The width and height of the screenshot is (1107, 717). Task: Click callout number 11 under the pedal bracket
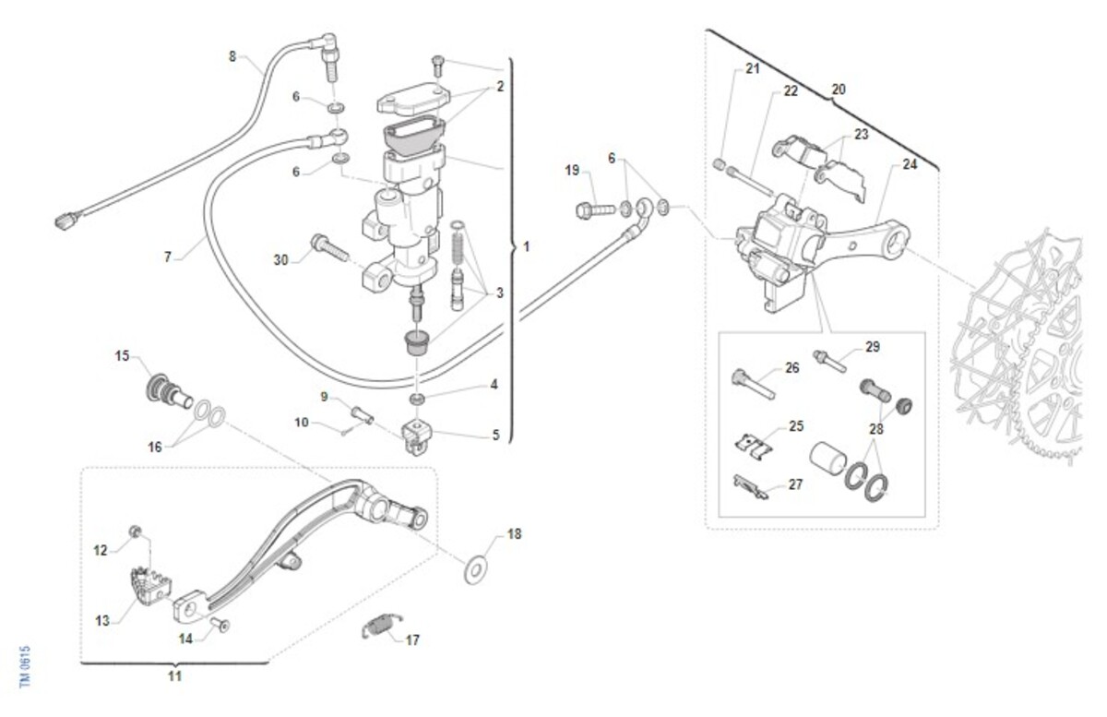(x=174, y=675)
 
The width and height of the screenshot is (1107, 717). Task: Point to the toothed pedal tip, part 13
(x=147, y=584)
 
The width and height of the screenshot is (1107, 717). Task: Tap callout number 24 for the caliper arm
(x=911, y=166)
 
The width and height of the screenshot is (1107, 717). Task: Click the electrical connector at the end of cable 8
(x=65, y=221)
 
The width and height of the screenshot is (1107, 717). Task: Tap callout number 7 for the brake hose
(x=168, y=257)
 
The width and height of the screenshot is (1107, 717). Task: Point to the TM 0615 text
(x=26, y=665)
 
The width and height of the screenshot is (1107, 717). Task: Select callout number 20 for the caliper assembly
(x=838, y=90)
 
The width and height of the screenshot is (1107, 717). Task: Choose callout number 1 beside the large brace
(x=526, y=247)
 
